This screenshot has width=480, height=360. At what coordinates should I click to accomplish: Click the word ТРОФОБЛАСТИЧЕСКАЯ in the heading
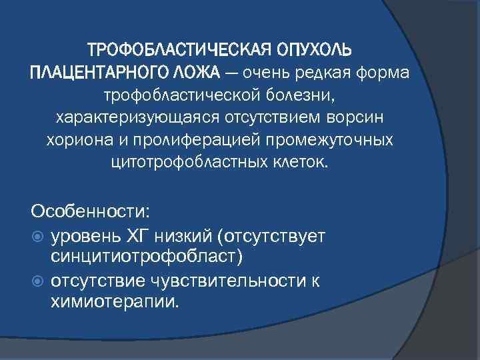pos(178,51)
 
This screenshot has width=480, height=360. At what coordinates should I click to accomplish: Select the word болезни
pos(298,95)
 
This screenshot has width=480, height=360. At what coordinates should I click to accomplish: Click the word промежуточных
pos(323,141)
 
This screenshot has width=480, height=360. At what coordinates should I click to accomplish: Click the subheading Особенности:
pos(90,211)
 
